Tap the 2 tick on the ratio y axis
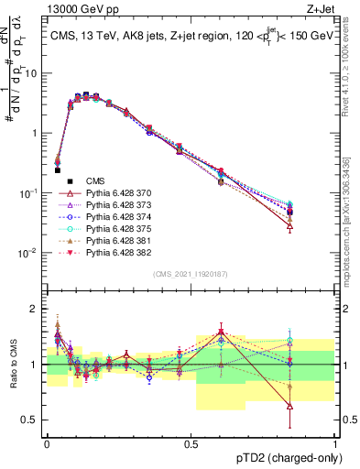tap(37, 309)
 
